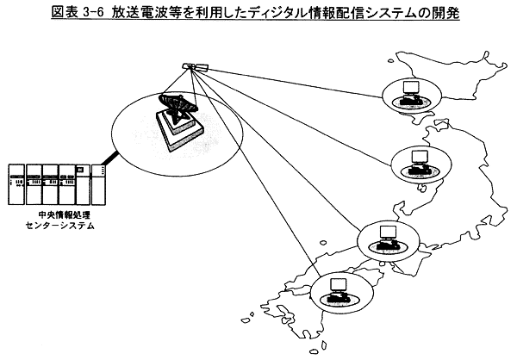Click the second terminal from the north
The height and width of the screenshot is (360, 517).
coord(420,160)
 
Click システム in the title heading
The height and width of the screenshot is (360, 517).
coord(391,13)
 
